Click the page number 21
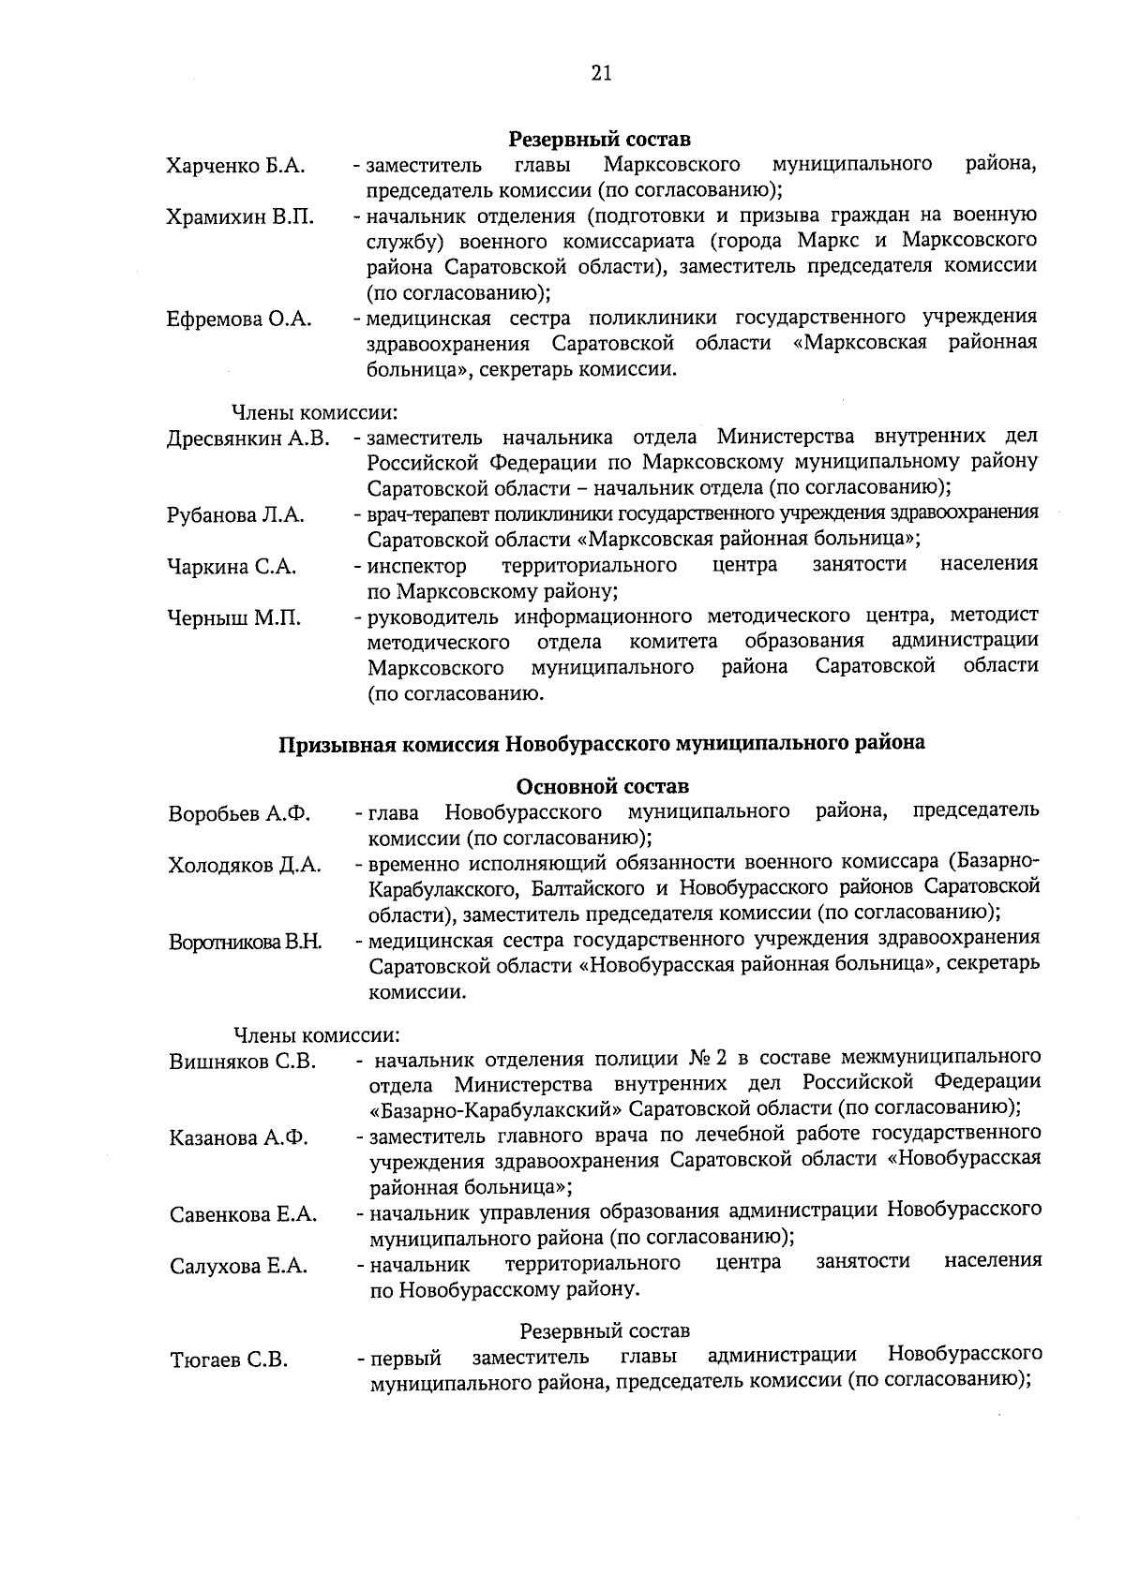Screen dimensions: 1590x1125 (x=601, y=74)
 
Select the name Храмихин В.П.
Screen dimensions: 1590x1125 (x=240, y=217)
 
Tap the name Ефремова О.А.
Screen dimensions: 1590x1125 (x=239, y=319)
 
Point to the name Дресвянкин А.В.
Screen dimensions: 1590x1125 (x=247, y=439)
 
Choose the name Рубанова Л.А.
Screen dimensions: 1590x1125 (x=235, y=515)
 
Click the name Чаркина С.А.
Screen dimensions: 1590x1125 (x=232, y=567)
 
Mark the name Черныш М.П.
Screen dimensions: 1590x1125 (x=234, y=618)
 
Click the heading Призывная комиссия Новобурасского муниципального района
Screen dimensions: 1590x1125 (x=601, y=744)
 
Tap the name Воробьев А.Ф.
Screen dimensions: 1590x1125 (x=239, y=813)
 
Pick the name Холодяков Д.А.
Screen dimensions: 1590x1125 (x=245, y=865)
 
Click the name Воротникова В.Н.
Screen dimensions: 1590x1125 (x=245, y=943)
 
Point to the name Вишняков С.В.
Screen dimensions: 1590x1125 (x=243, y=1062)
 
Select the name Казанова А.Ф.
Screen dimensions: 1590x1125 (x=239, y=1139)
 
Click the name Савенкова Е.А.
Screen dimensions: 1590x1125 (x=243, y=1216)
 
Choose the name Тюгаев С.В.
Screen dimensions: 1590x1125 (x=229, y=1360)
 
